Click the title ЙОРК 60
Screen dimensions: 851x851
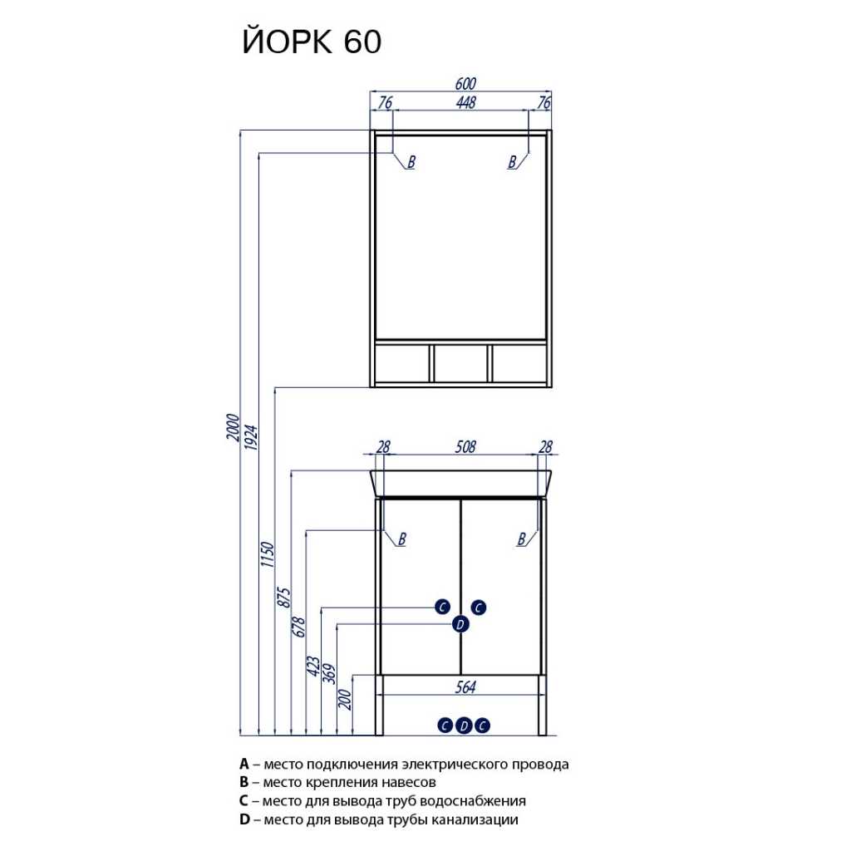pos(312,41)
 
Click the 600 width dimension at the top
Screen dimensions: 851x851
pos(465,84)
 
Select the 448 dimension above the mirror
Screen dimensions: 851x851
pos(465,102)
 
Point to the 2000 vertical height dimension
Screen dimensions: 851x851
pos(233,427)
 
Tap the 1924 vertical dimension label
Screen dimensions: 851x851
pos(251,437)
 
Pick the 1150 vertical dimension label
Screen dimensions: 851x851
pos(268,554)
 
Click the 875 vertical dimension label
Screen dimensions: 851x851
pos(284,597)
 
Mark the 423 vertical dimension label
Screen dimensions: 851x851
pos(313,666)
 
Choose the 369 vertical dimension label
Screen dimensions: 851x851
pos(329,673)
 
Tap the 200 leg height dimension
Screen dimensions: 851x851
pos(345,700)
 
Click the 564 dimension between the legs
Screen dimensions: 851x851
pos(465,687)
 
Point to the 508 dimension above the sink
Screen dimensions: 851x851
pos(465,446)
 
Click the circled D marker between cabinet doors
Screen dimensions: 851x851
pos(460,624)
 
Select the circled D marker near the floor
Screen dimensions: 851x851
pos(464,726)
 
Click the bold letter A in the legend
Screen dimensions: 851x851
pos(244,765)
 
